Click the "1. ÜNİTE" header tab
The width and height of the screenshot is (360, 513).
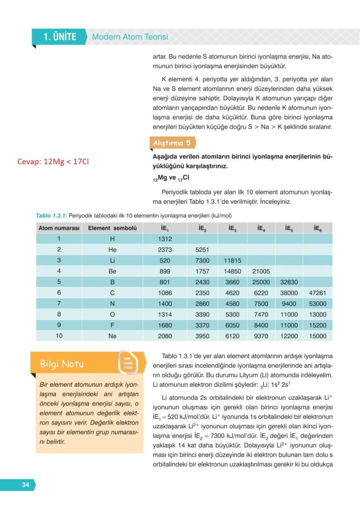[x=59, y=37]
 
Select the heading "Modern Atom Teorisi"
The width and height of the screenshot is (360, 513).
[x=130, y=37]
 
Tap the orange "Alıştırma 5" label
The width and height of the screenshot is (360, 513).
[x=171, y=143]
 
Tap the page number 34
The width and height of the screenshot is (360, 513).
[x=26, y=484]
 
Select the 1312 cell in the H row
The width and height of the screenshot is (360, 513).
[x=165, y=238]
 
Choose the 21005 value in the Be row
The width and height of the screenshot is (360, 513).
[x=261, y=271]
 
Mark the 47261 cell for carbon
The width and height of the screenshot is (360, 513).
[x=317, y=293]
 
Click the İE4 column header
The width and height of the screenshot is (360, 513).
[x=261, y=228]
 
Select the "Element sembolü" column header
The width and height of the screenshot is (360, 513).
[x=112, y=228]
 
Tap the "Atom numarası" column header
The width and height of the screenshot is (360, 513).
[x=59, y=228]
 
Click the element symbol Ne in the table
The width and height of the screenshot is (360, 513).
[x=112, y=336]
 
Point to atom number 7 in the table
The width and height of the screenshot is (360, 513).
[x=59, y=304]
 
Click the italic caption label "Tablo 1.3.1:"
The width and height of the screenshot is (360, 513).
[x=51, y=215]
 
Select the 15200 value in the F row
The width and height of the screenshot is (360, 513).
[x=317, y=325]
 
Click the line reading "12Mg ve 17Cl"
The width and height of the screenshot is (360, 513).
[x=170, y=177]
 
